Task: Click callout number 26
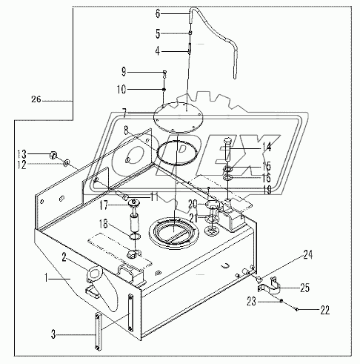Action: coord(36,99)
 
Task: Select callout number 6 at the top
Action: coord(157,13)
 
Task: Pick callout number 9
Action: coord(124,72)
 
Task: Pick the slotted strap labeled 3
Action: coord(96,325)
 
